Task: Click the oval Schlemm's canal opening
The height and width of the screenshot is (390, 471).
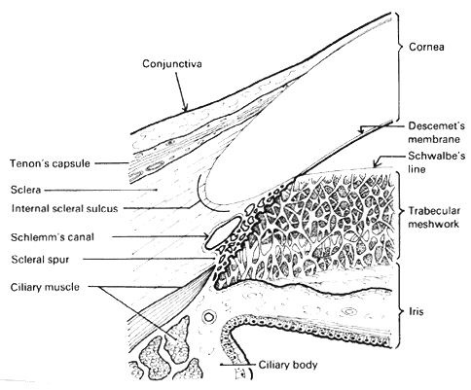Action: (x=220, y=233)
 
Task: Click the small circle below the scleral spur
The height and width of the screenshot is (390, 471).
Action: (x=207, y=317)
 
